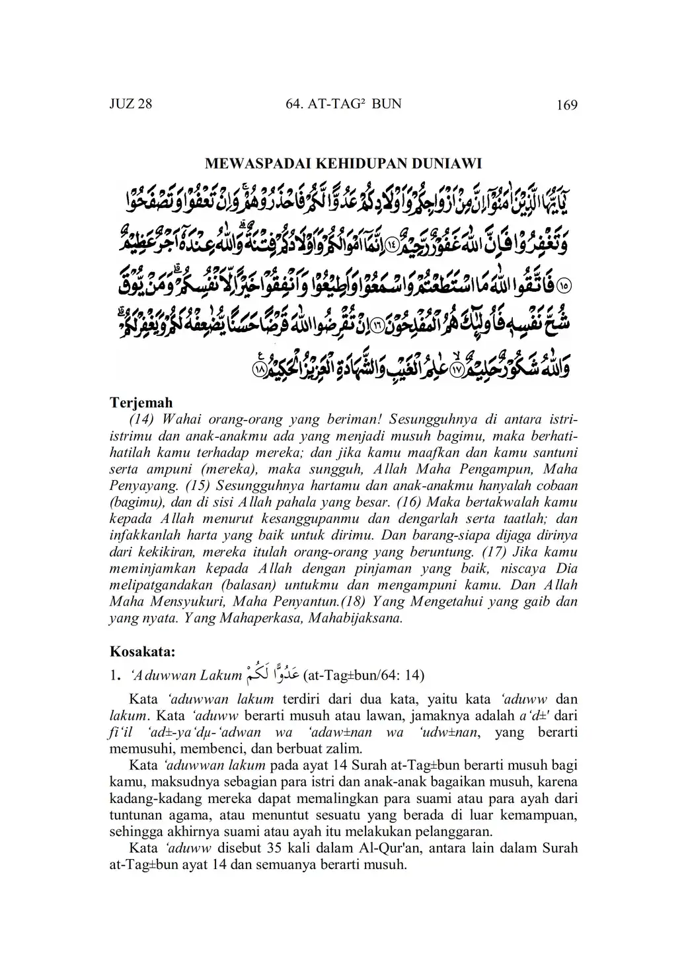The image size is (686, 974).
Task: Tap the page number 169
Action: [x=567, y=105]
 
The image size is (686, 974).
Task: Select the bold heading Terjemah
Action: [x=141, y=403]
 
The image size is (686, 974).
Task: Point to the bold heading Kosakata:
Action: [x=142, y=652]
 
